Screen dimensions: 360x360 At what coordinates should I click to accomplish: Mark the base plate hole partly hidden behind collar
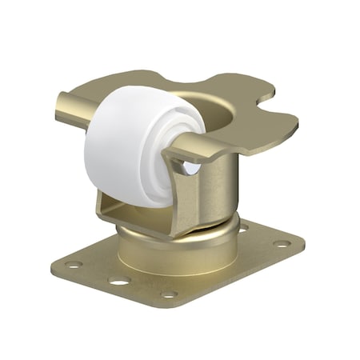click(x=242, y=228)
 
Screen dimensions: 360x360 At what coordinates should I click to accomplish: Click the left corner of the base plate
click(x=56, y=262)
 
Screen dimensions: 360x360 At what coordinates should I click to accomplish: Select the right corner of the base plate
click(x=302, y=240)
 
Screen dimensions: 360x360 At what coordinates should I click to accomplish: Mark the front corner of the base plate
click(x=172, y=302)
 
